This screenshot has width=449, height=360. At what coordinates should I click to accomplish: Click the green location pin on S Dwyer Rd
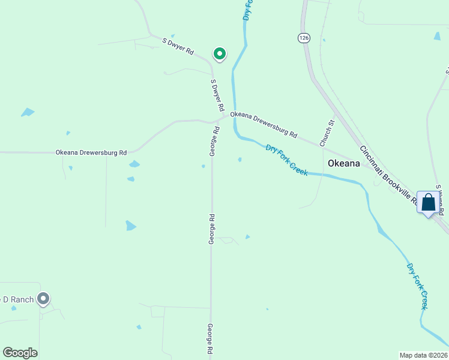[220, 55]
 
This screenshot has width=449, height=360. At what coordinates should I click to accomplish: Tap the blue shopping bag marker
[428, 203]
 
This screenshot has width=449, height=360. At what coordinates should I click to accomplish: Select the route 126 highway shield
[304, 38]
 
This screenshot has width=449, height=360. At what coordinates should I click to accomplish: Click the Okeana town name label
[344, 163]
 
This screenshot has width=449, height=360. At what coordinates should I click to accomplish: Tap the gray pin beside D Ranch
[43, 298]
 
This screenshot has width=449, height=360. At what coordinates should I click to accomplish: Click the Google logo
[20, 353]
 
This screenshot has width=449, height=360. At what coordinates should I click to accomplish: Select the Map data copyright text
[423, 355]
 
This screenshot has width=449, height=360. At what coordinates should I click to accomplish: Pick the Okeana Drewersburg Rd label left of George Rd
[91, 153]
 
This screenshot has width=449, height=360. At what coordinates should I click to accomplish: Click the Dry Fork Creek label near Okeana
[287, 160]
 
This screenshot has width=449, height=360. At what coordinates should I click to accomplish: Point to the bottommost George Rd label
[211, 340]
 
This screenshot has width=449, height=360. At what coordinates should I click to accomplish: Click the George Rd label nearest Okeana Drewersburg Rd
[213, 142]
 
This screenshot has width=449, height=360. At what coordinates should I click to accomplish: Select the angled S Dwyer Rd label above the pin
[178, 46]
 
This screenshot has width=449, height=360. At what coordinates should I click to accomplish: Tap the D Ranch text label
[17, 299]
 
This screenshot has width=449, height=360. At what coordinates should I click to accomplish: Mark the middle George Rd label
[212, 229]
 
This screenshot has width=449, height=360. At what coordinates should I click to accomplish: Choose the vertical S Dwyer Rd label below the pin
[217, 95]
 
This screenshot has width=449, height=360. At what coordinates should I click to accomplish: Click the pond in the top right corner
[437, 36]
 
